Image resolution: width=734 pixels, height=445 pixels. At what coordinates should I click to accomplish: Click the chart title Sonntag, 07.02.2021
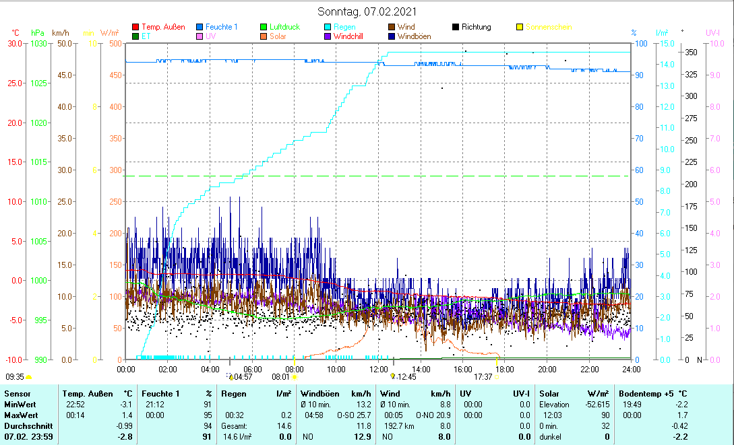point(367,11)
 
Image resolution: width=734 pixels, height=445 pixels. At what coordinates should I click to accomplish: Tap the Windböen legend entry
point(415,36)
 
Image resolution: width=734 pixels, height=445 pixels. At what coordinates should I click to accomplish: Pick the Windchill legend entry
point(348,36)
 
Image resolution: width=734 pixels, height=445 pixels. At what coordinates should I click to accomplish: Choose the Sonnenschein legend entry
point(549,27)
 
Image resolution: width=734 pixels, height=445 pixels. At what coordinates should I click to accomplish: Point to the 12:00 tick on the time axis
point(378,370)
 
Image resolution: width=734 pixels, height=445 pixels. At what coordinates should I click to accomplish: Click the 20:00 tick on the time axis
point(547,370)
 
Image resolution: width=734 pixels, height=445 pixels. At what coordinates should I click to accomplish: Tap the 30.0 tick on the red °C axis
point(14,44)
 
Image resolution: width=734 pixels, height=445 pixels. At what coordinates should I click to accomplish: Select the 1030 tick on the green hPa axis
point(39,44)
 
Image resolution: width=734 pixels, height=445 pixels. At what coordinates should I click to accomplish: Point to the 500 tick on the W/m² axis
point(115,44)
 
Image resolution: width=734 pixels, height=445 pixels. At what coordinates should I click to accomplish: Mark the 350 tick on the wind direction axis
point(690,53)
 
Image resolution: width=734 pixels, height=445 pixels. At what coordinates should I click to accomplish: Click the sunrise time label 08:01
point(280,378)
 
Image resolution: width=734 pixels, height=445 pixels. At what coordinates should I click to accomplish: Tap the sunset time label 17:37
point(483,378)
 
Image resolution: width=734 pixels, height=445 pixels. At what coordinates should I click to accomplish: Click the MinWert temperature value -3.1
point(125,405)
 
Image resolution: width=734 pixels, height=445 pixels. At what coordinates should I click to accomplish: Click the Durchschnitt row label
point(26,426)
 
